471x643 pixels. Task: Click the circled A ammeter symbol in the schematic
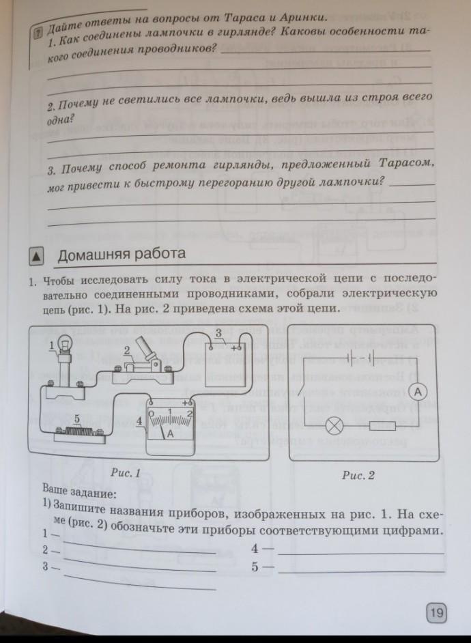click(418, 391)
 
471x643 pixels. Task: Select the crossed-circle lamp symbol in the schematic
click(334, 427)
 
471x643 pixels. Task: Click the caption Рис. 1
click(124, 472)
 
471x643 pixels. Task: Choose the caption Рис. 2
click(358, 476)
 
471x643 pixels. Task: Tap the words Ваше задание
click(79, 492)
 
